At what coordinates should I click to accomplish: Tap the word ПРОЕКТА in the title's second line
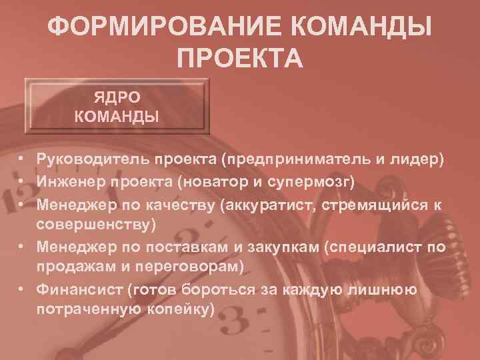coord(240,59)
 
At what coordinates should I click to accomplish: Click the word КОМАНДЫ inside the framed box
coord(117,118)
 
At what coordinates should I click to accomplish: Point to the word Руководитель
coord(93,160)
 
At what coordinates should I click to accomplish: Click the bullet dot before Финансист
coord(22,290)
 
